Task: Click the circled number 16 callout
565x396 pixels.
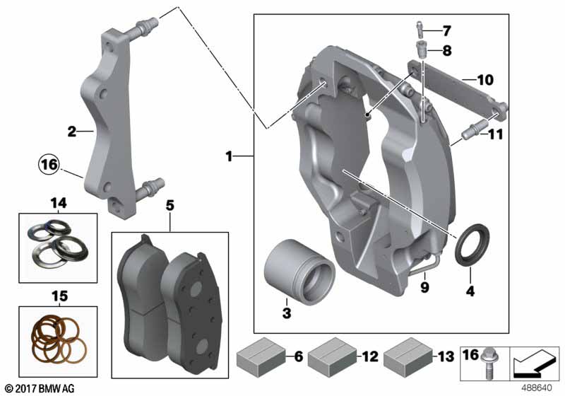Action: click(49, 165)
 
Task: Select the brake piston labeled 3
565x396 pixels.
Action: click(299, 272)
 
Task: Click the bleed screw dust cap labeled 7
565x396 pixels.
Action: click(420, 29)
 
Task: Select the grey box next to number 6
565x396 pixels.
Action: click(261, 357)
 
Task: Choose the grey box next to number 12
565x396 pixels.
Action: click(332, 357)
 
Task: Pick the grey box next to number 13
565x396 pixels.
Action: click(408, 357)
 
